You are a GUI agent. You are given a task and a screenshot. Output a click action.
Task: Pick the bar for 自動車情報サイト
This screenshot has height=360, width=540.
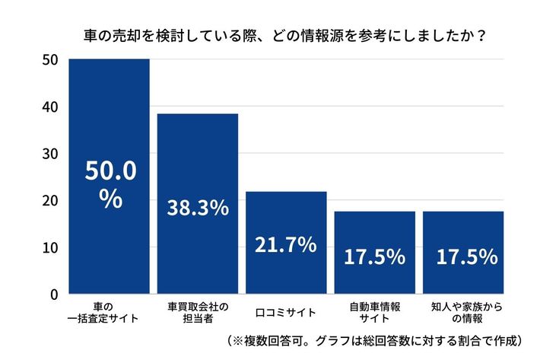click(375, 228)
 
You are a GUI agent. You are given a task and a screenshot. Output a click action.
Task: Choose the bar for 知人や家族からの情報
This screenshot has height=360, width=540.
click(463, 228)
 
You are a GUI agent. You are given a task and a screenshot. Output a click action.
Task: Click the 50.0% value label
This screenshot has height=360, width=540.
click(110, 185)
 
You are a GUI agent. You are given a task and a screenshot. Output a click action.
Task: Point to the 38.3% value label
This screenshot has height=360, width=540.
click(198, 207)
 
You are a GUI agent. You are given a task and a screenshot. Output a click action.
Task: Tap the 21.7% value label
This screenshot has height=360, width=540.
click(286, 245)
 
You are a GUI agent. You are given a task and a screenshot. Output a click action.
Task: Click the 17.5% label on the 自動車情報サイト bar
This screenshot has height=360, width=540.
click(375, 257)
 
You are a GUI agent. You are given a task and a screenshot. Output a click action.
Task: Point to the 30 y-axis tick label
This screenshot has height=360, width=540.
click(50, 154)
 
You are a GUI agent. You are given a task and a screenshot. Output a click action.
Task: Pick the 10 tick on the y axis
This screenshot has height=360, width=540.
click(50, 247)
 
